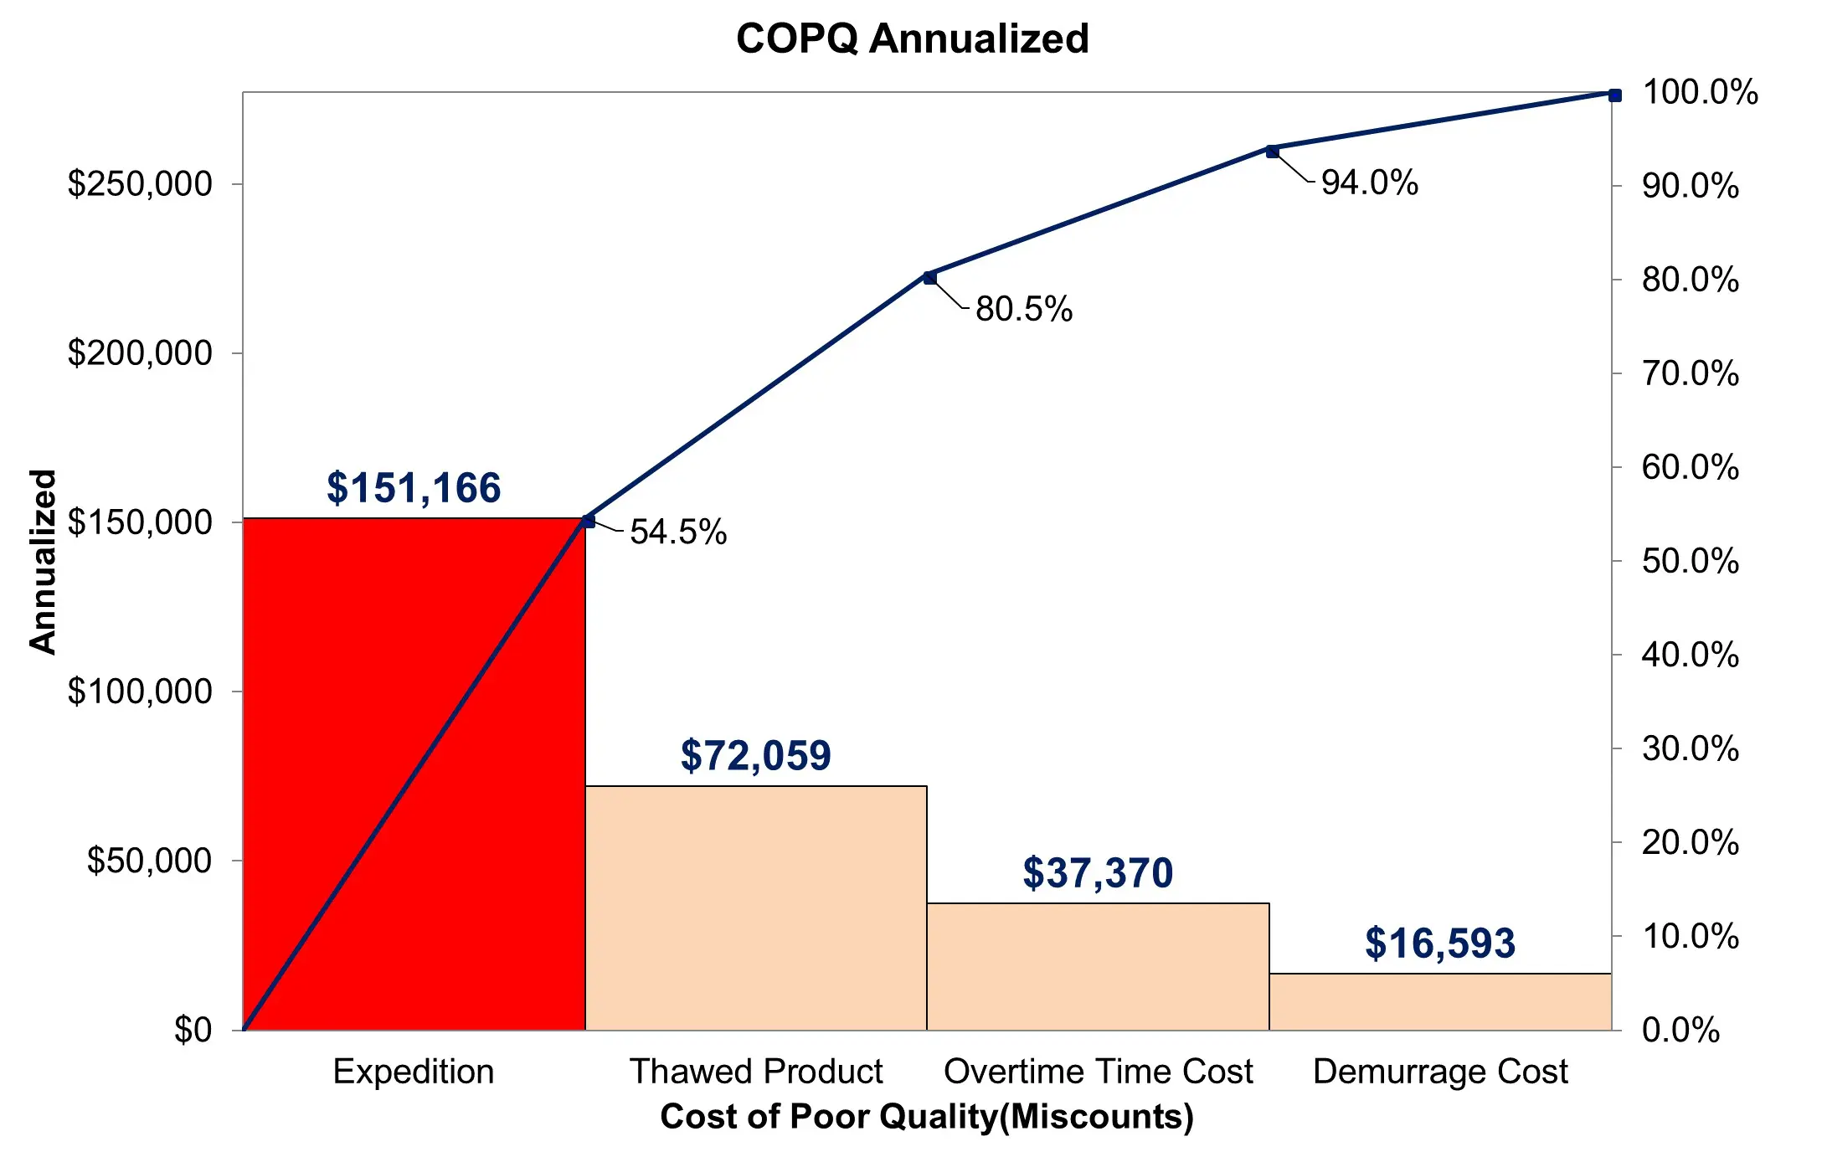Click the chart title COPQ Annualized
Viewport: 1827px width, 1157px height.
(x=912, y=39)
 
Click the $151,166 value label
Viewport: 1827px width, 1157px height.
(x=414, y=488)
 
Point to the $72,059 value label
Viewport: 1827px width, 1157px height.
(x=755, y=755)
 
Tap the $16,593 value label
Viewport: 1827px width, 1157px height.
(x=1439, y=944)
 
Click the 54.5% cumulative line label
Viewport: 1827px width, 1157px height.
(x=678, y=532)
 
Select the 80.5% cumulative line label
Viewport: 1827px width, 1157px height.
(x=1024, y=309)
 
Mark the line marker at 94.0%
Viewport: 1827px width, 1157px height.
(x=1272, y=152)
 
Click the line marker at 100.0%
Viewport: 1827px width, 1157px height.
(x=1614, y=95)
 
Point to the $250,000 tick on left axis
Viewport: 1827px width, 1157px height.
(x=140, y=183)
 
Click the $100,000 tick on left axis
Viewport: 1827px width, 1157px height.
(x=140, y=692)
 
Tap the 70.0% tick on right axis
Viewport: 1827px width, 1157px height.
(x=1690, y=373)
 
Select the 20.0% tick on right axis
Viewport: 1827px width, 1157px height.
(x=1690, y=842)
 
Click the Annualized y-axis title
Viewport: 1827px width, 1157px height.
(x=43, y=561)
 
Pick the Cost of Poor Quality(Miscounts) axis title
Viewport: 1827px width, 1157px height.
(x=927, y=1117)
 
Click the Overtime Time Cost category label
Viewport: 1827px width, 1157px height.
(x=1098, y=1072)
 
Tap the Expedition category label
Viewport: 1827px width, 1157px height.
(x=414, y=1072)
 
